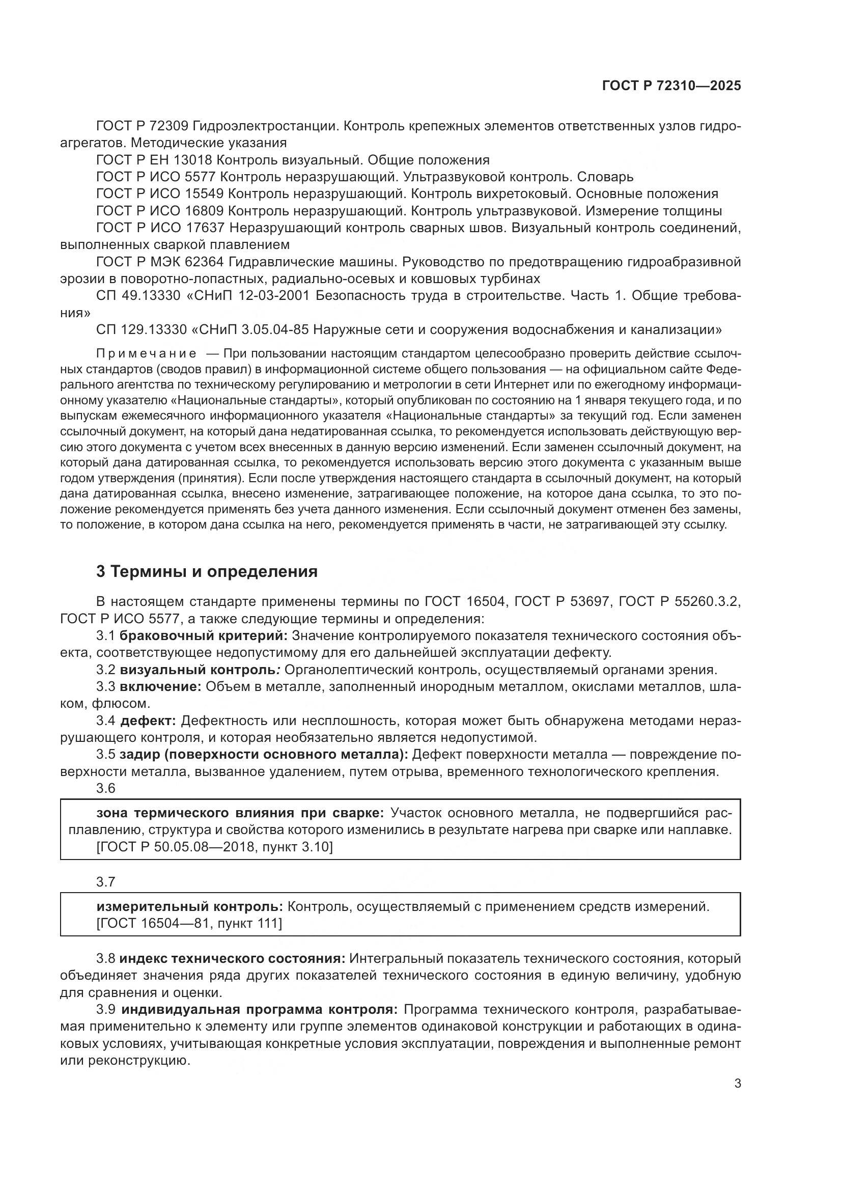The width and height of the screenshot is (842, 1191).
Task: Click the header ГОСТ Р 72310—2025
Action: (671, 86)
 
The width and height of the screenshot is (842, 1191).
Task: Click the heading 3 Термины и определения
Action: (207, 572)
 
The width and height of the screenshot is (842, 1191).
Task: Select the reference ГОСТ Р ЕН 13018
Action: (154, 160)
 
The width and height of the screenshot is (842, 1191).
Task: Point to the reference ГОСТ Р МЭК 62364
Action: (160, 261)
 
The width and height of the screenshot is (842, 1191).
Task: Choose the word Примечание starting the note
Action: (147, 354)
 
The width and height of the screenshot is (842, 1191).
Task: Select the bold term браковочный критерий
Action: (203, 635)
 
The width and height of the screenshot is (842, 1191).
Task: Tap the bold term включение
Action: (160, 687)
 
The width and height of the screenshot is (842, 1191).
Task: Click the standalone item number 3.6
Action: (106, 788)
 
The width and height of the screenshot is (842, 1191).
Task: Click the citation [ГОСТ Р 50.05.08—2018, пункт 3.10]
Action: (215, 847)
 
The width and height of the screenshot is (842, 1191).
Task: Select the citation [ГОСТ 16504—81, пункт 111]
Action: (189, 923)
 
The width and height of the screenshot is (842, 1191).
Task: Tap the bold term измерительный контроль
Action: (189, 906)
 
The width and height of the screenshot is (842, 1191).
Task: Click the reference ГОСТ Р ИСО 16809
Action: (160, 211)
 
